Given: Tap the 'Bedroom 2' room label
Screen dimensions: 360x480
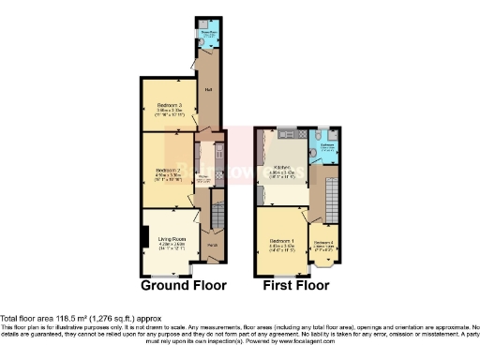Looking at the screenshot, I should (x=169, y=169).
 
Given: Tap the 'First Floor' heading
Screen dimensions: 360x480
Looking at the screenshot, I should (x=302, y=285).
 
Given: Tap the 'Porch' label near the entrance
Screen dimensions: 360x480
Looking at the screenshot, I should (x=213, y=246).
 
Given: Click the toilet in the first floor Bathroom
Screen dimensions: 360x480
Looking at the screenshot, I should (x=322, y=131).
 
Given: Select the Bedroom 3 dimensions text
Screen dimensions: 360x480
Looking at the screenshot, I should (x=169, y=112).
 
